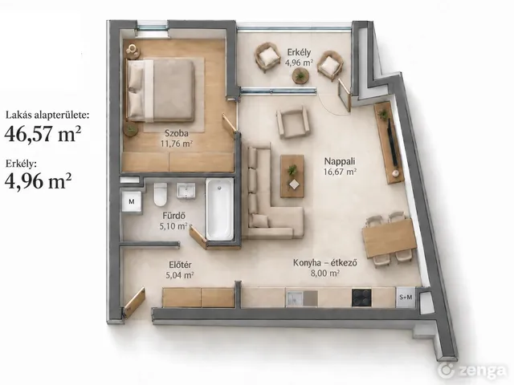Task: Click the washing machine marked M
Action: point(132,201)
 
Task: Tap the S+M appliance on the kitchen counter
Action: point(406,297)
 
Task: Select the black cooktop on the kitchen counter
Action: point(361,298)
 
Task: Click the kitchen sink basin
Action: point(295,298)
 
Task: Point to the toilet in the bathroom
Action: point(161,194)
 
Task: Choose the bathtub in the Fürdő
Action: point(219,209)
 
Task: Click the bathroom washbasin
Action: point(186,191)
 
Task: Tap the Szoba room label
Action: point(177,133)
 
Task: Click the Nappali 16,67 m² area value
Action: point(340,172)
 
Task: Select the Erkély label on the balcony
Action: point(299,52)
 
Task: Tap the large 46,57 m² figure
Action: point(43,133)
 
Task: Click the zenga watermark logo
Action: point(472,371)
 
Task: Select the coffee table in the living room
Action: point(292,176)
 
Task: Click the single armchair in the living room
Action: point(292,124)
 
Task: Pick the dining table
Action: point(389,239)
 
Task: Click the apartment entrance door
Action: point(134,302)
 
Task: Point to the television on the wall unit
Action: point(393,142)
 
